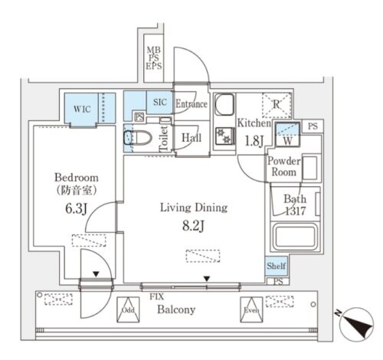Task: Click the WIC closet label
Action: coord(82,109)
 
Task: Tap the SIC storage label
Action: coord(160,102)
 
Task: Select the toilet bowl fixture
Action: coord(137,138)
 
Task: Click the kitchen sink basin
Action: coord(224,105)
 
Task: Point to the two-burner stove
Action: coord(224,136)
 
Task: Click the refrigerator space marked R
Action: coord(277,105)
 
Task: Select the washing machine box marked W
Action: coord(287,134)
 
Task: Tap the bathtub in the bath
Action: coord(295,236)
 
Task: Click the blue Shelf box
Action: coord(277,266)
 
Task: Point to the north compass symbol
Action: coord(356,324)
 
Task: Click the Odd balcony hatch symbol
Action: coord(128,309)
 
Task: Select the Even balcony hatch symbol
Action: coord(251,309)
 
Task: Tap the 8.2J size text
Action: coord(193,226)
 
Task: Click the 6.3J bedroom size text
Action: coord(77,208)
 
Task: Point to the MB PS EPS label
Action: coord(154,58)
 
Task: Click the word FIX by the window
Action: coord(157,296)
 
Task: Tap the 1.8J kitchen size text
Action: coord(254,141)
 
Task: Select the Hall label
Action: coord(191,138)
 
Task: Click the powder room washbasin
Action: coord(310,168)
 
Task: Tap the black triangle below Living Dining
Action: coord(207,279)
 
